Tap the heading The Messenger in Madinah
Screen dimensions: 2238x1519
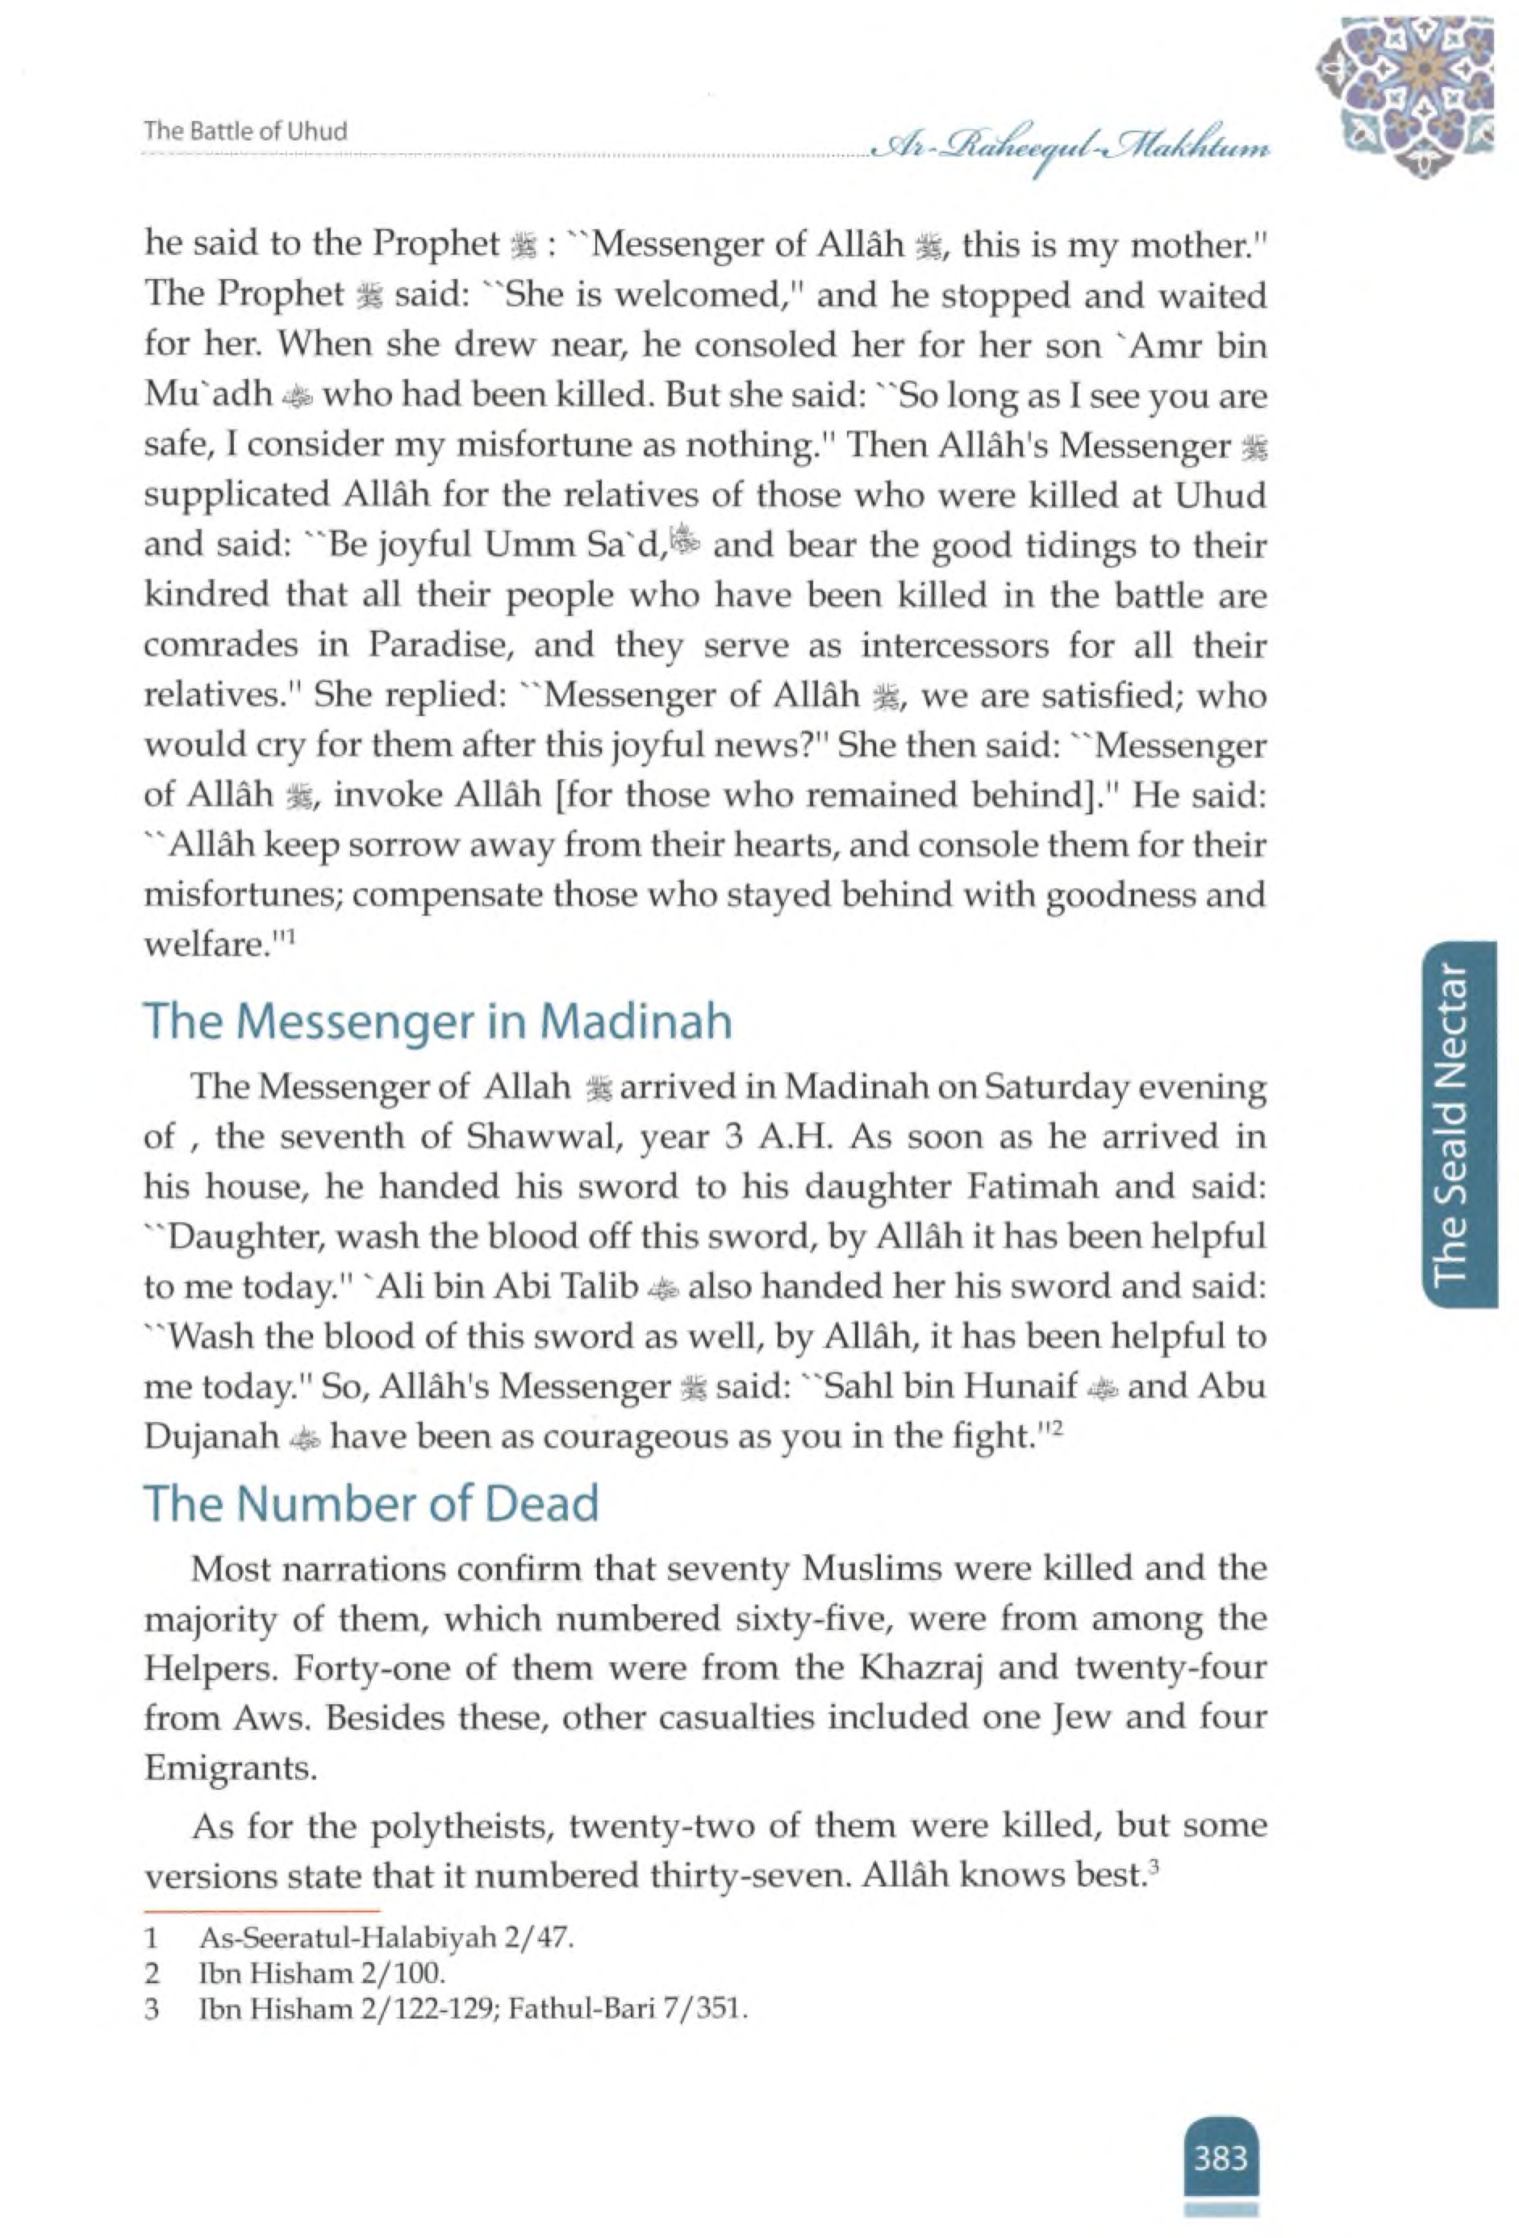pyautogui.click(x=437, y=1022)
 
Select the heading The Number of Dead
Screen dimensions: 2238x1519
pyautogui.click(x=371, y=1502)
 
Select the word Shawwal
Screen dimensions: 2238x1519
pyautogui.click(x=526, y=1136)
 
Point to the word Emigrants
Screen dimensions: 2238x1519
pyautogui.click(x=229, y=1768)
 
